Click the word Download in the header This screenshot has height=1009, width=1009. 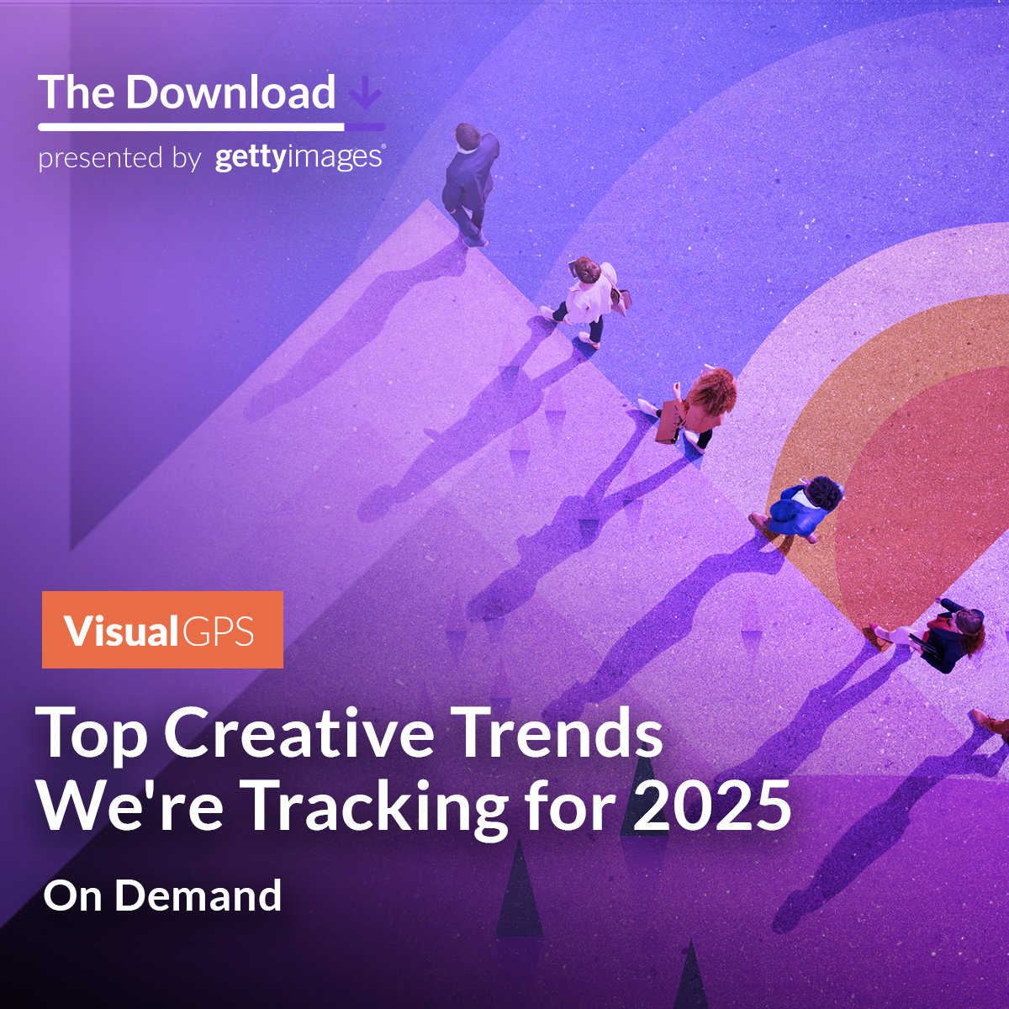tap(230, 92)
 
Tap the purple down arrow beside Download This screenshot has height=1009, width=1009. tap(366, 93)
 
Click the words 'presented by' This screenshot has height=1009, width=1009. tap(119, 158)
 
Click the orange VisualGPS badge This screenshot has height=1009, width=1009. tap(162, 630)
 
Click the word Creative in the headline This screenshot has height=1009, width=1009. tap(298, 732)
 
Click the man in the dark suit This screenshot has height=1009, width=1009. tap(470, 183)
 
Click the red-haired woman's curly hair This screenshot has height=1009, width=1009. tap(713, 392)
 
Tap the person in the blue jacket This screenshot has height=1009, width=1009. tap(799, 508)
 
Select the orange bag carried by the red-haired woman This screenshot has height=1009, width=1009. tap(669, 422)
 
